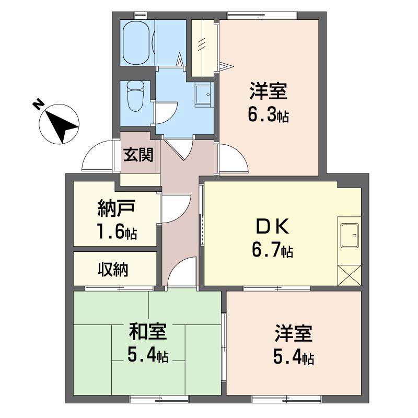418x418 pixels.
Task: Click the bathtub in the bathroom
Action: [136, 43]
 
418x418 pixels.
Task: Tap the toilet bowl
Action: [135, 96]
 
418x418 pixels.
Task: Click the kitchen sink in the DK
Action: [350, 235]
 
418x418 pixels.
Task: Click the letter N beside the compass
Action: [38, 104]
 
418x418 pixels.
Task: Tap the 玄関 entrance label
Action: [138, 155]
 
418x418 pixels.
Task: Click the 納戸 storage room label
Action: [117, 208]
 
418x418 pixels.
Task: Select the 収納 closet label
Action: [113, 269]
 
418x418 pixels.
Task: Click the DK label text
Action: [272, 226]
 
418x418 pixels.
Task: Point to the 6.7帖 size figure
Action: [272, 250]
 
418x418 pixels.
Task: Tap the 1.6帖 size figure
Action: [117, 231]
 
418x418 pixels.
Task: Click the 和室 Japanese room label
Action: [148, 331]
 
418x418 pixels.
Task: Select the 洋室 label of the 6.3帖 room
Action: [269, 90]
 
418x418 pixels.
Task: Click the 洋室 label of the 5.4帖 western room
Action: [294, 333]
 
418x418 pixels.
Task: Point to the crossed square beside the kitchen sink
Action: [349, 275]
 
